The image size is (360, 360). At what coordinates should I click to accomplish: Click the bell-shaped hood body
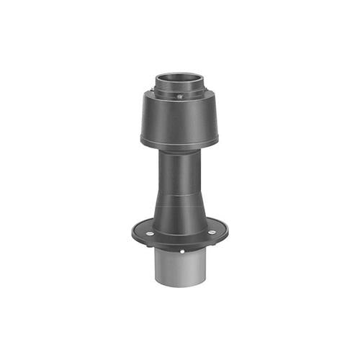click(x=180, y=119)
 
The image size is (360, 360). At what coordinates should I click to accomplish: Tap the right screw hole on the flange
click(x=212, y=233)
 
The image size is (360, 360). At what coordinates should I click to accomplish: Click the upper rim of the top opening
click(x=180, y=73)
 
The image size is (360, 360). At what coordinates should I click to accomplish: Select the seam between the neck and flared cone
click(x=180, y=189)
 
